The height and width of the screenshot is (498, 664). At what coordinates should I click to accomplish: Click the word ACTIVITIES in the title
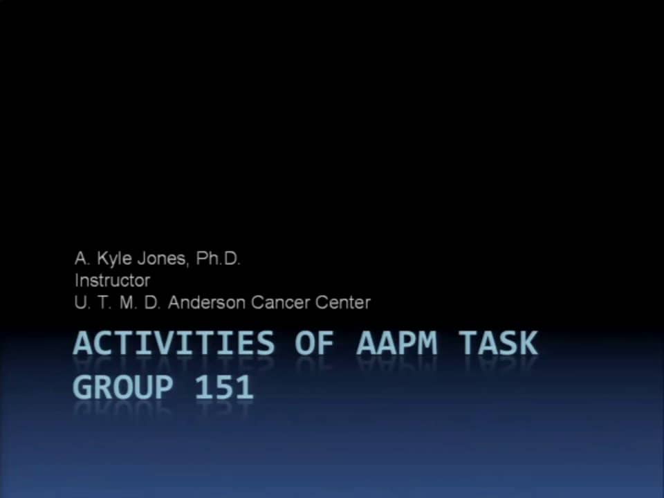[174, 344]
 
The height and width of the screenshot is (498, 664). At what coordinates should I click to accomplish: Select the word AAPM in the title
[397, 344]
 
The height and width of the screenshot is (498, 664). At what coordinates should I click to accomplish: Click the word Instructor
[112, 281]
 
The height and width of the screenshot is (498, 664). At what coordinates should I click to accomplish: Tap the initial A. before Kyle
[82, 259]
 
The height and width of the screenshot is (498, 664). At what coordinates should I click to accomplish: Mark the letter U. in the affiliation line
[81, 302]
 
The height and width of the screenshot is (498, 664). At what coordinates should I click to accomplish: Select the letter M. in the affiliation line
[127, 302]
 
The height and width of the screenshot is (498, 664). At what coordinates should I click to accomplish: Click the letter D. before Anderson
[151, 302]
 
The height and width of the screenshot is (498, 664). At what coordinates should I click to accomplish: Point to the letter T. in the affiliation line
[103, 302]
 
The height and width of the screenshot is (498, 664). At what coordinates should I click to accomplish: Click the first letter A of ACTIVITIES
[84, 344]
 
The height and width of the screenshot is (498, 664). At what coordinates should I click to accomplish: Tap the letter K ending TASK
[527, 344]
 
